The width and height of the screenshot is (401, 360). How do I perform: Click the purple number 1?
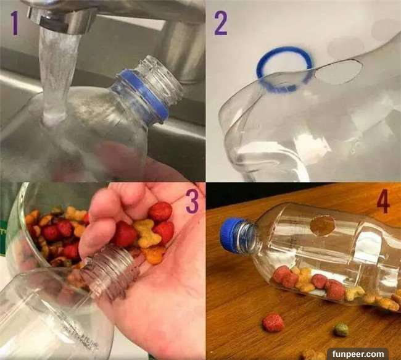[x=15, y=23]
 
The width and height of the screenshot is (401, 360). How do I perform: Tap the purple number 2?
[x=220, y=23]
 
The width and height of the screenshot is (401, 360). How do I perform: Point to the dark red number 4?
[x=383, y=202]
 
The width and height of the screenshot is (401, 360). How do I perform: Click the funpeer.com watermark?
[x=358, y=354]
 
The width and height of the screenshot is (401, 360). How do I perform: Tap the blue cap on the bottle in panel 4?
[x=231, y=233]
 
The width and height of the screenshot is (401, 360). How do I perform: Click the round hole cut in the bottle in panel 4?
[x=323, y=225]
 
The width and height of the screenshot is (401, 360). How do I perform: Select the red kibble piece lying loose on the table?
[x=273, y=322]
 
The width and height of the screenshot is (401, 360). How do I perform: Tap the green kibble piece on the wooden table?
[x=341, y=330]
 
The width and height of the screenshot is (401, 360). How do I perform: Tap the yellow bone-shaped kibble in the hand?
[x=147, y=233]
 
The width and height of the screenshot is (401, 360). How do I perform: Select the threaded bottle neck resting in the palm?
[x=110, y=272]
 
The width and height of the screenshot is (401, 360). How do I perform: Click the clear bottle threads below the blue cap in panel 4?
[x=246, y=238]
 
